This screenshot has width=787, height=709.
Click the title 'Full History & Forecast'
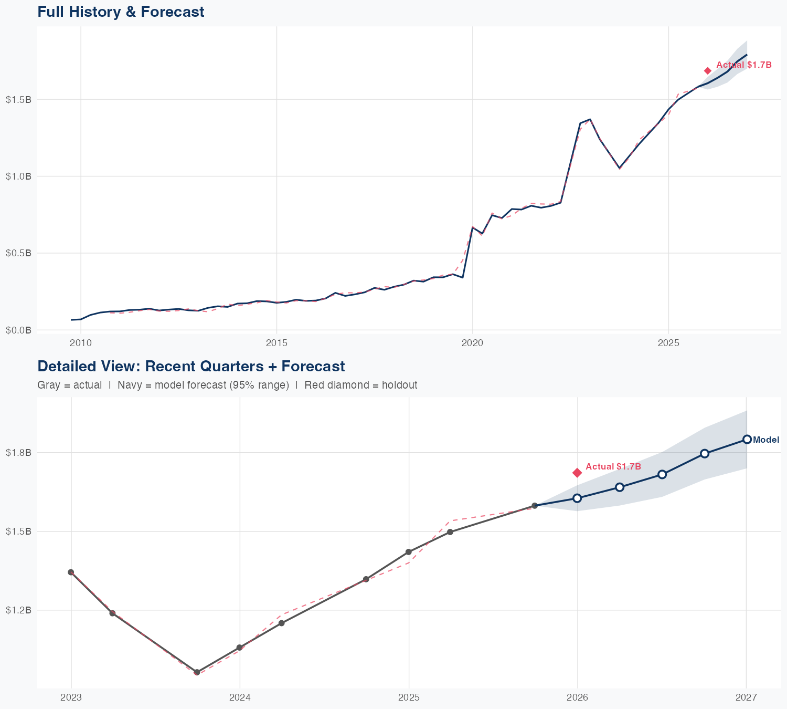point(121,12)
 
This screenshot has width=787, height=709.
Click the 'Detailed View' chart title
point(191,366)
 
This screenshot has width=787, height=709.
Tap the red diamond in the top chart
point(707,71)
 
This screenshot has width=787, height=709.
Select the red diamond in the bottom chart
point(577,473)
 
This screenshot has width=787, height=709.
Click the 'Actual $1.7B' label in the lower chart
point(613,466)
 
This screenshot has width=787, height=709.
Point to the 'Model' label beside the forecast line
point(765,440)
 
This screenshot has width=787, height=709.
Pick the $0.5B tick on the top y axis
point(18,253)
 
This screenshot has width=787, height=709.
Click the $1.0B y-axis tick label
point(18,176)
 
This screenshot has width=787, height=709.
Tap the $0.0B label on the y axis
point(18,330)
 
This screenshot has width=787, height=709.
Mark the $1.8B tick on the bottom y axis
point(18,452)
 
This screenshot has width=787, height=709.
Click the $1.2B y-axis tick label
point(18,610)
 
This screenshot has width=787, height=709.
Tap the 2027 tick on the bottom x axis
point(746,698)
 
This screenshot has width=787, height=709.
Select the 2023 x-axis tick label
point(71,698)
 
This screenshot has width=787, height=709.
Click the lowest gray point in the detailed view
point(197,672)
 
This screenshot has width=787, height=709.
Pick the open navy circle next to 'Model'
point(747,439)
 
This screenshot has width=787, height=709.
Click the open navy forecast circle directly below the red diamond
point(577,498)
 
